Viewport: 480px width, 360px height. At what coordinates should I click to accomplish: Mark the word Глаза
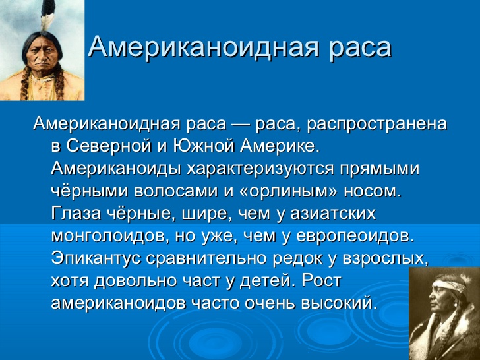point(76,213)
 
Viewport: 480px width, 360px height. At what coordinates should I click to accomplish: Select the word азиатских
point(333,213)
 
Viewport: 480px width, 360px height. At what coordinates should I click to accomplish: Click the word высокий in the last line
point(338,303)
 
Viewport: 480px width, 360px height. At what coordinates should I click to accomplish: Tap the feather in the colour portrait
point(47,15)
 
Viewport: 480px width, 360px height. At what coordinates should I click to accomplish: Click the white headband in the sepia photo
point(449,287)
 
